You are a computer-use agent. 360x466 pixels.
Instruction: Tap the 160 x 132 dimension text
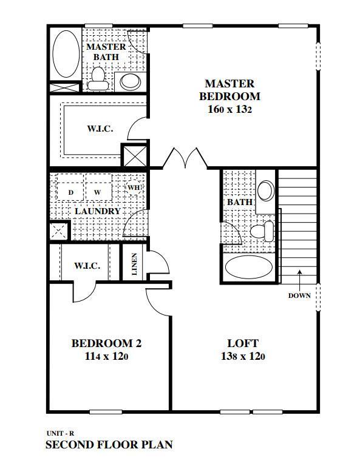coord(229,110)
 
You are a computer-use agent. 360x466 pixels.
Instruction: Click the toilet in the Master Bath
coord(98,77)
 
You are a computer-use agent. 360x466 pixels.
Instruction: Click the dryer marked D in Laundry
coord(70,192)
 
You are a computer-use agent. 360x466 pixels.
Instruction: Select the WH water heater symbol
coord(134,187)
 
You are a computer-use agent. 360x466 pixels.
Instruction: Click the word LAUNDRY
coord(97,211)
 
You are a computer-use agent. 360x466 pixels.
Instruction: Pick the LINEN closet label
coord(134,264)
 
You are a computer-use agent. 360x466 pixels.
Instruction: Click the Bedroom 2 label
coord(106,343)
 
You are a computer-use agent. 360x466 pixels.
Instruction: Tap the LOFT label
coord(242,343)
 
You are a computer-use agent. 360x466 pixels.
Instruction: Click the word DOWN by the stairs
coord(299,296)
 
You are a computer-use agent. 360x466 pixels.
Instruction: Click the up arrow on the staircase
coord(299,277)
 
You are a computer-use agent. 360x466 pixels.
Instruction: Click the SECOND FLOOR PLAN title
coord(109,445)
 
